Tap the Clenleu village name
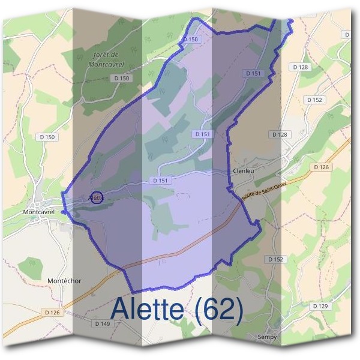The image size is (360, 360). coord(245,171)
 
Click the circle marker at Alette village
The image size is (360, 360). coord(97,197)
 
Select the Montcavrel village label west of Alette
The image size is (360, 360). coord(38,212)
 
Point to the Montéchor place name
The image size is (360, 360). coord(64,280)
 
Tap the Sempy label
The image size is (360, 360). coord(267,337)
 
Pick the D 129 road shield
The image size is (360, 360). coord(320,306)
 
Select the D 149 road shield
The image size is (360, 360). coord(102,324)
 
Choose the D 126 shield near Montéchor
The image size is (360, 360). coord(52,312)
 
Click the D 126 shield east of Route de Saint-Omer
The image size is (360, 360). coord(322,167)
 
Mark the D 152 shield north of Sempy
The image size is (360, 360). coord(275,259)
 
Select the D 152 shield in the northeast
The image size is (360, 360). coord(314,100)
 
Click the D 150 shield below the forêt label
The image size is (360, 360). coord(121,78)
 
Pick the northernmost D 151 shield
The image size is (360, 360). coord(254,73)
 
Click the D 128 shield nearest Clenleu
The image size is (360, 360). coord(280,134)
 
